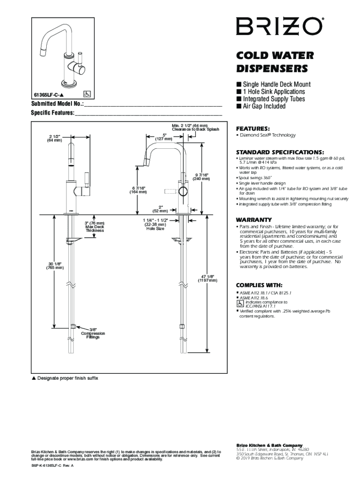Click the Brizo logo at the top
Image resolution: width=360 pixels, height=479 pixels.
[279, 26]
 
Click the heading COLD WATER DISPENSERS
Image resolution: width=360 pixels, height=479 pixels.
[272, 62]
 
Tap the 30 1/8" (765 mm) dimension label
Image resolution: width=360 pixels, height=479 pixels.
[55, 266]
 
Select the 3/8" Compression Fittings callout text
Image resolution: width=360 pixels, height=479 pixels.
[93, 333]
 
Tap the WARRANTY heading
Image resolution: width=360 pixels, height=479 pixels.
[254, 219]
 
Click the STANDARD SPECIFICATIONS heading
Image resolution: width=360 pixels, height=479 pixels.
[280, 152]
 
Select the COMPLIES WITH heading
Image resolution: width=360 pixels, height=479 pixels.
[259, 285]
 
